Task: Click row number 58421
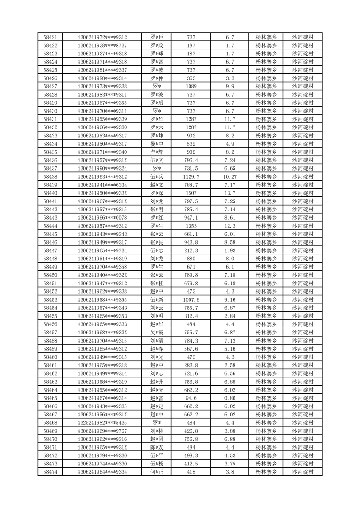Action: [50, 37]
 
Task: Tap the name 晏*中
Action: [157, 144]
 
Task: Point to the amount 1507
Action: [191, 193]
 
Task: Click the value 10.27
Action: [229, 176]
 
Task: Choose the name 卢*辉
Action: [157, 152]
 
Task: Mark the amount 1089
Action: [191, 86]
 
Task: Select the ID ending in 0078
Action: [102, 218]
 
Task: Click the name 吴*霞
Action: [157, 333]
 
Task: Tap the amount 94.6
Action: [191, 398]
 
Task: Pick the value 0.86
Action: [229, 398]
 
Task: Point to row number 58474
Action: [50, 472]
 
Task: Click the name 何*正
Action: [157, 472]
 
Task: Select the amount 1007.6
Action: [191, 299]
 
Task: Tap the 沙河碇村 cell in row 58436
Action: [303, 160]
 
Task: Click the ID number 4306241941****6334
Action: [102, 185]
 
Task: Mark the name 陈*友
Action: [157, 447]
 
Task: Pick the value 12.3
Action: [229, 226]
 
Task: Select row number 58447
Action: [50, 250]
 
